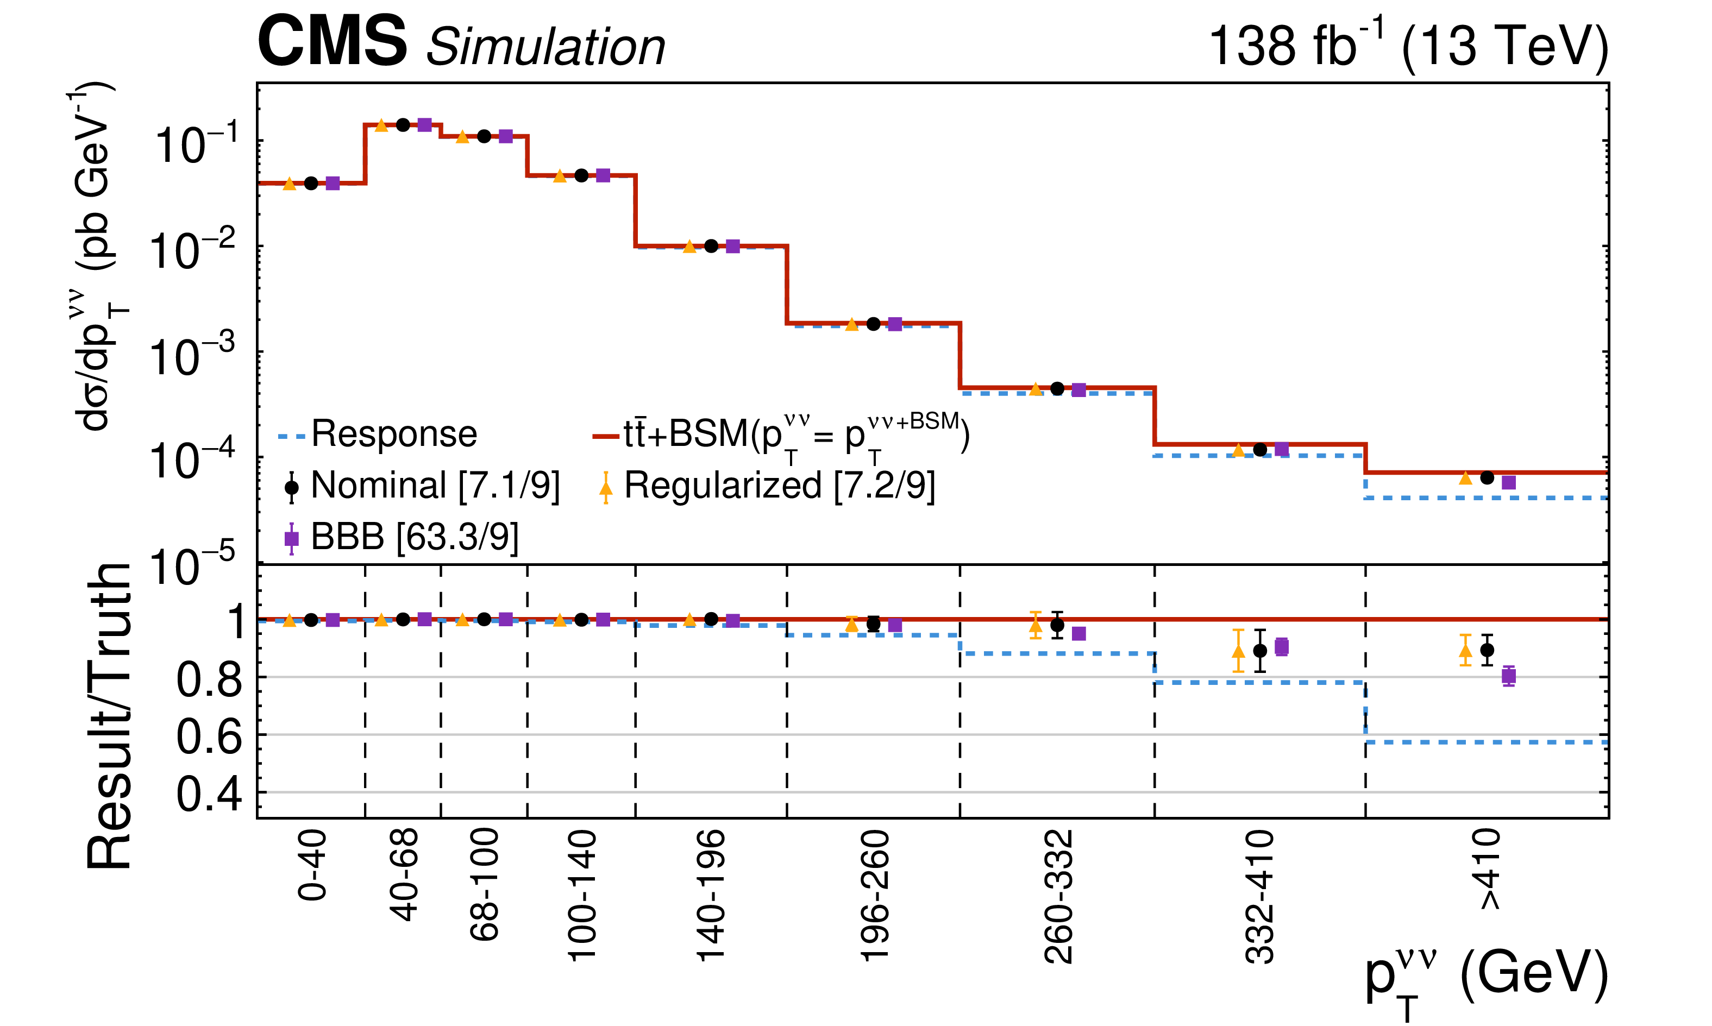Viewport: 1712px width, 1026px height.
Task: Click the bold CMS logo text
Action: click(x=332, y=43)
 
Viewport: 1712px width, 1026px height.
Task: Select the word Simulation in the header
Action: click(x=545, y=47)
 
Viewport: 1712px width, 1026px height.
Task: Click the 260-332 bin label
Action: click(x=1058, y=897)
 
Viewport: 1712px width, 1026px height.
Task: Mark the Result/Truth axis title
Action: click(x=109, y=715)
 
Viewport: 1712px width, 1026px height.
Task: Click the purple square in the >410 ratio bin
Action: click(x=1509, y=676)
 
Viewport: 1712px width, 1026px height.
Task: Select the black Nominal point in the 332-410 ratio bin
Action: click(x=1260, y=651)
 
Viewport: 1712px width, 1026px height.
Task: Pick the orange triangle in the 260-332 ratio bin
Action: click(x=1035, y=626)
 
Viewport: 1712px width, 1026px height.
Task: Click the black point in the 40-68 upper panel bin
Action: click(x=403, y=125)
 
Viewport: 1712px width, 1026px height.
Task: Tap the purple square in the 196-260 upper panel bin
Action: click(x=895, y=324)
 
